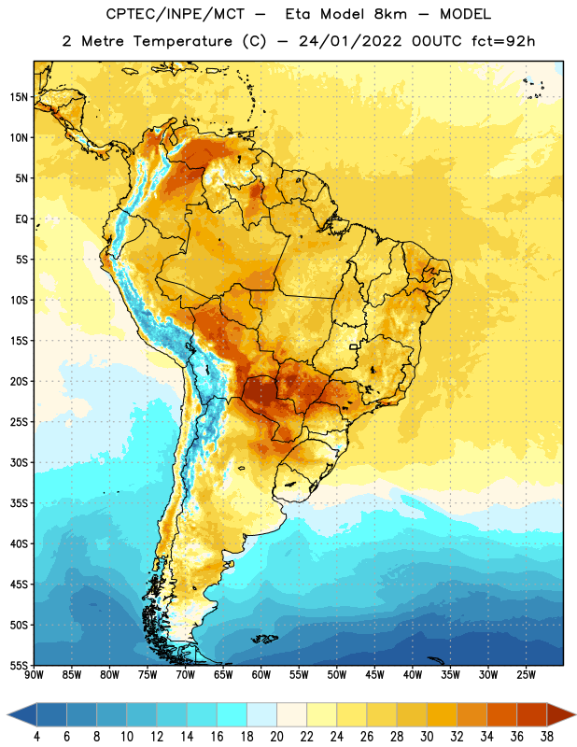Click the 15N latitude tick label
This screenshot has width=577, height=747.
pyautogui.click(x=19, y=97)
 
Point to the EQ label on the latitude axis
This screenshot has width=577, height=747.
pyautogui.click(x=21, y=219)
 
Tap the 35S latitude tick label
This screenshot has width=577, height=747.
pyautogui.click(x=19, y=503)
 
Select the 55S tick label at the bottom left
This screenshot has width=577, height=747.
pyautogui.click(x=19, y=665)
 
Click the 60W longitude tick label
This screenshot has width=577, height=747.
pyautogui.click(x=261, y=674)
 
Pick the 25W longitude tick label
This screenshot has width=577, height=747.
pyautogui.click(x=526, y=674)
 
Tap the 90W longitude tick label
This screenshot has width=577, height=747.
pyautogui.click(x=34, y=674)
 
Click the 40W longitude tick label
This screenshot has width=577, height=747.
pyautogui.click(x=413, y=674)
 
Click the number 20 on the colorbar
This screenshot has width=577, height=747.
pyautogui.click(x=276, y=737)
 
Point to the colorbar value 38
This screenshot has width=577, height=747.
pyautogui.click(x=546, y=737)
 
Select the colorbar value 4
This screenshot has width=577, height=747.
pyautogui.click(x=36, y=737)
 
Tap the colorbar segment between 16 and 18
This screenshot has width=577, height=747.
pyautogui.click(x=232, y=714)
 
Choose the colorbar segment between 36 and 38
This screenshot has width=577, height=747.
pyautogui.click(x=532, y=714)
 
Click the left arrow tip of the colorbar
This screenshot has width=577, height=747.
pyautogui.click(x=7, y=714)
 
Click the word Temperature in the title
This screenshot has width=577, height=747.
pyautogui.click(x=183, y=41)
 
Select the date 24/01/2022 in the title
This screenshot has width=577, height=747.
pyautogui.click(x=351, y=41)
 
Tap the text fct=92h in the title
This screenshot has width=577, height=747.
pyautogui.click(x=503, y=41)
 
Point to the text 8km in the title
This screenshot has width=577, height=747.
pyautogui.click(x=390, y=14)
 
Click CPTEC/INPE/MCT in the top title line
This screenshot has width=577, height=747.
pyautogui.click(x=176, y=14)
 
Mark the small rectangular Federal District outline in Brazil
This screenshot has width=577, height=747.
pyautogui.click(x=354, y=346)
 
